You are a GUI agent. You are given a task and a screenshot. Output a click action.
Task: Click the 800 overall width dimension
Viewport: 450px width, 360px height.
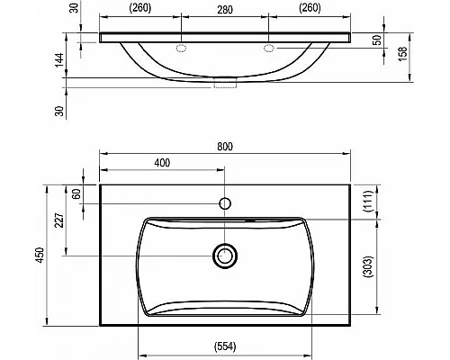click(x=225, y=147)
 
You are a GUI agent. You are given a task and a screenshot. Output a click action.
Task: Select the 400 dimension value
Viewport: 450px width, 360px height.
click(x=162, y=163)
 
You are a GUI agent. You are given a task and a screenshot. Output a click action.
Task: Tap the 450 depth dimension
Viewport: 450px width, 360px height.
click(x=40, y=256)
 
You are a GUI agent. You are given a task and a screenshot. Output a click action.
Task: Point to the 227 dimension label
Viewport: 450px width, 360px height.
click(x=60, y=220)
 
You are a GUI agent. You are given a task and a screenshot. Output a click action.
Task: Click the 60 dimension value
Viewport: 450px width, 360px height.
click(x=77, y=193)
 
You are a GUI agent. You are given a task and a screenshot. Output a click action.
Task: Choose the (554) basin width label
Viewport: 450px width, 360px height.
click(x=225, y=346)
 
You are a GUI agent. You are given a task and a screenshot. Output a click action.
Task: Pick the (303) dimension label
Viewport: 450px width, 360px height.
click(x=368, y=266)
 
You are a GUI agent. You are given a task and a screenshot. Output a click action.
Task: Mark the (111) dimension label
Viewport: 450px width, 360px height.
click(x=368, y=201)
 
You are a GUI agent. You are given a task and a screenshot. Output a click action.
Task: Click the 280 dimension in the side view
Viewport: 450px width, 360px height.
click(x=225, y=10)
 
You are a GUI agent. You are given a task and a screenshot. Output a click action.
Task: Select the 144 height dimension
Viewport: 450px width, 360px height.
click(x=59, y=60)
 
